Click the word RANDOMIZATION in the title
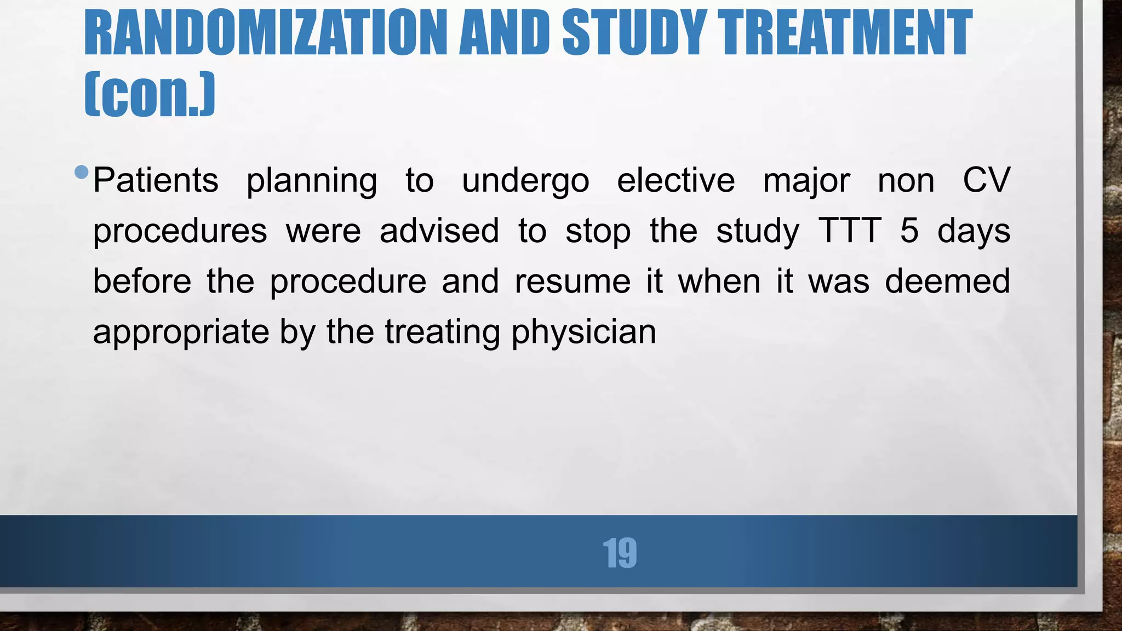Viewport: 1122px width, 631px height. (266, 33)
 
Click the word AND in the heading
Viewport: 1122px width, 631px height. (504, 33)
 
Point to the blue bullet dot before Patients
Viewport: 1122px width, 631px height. (81, 172)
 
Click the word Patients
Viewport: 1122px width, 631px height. (156, 180)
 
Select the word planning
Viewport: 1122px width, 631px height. (312, 181)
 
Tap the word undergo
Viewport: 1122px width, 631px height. (525, 181)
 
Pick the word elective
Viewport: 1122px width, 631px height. (676, 180)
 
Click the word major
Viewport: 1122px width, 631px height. (806, 181)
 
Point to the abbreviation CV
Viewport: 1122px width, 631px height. (986, 180)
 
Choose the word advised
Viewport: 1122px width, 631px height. (439, 231)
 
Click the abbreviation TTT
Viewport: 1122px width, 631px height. (850, 231)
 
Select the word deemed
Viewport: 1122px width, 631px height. (947, 282)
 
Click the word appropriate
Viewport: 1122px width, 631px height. (181, 332)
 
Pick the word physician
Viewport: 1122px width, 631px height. (583, 332)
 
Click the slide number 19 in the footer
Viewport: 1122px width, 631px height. (620, 553)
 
